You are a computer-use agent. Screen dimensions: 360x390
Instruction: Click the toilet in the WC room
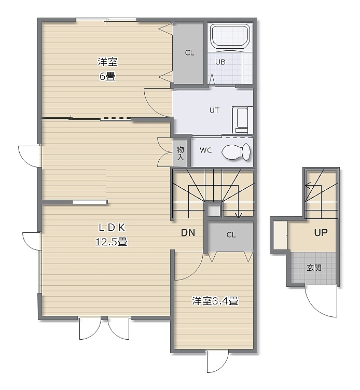236,151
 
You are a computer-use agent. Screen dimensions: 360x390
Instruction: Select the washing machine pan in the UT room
242,120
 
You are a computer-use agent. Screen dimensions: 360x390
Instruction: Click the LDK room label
112,227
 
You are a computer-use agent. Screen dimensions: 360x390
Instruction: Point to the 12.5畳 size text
112,242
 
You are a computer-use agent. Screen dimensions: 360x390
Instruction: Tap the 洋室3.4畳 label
215,301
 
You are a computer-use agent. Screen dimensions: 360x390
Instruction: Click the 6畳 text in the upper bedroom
107,76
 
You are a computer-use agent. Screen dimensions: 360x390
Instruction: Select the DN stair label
188,232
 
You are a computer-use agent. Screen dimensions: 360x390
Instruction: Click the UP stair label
321,232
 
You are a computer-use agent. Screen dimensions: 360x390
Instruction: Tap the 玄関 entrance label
314,268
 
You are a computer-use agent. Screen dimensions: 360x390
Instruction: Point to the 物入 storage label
181,153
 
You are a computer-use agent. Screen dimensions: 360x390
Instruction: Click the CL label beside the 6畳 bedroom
189,53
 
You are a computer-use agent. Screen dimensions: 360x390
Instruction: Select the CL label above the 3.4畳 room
231,235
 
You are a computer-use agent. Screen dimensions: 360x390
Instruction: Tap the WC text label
206,150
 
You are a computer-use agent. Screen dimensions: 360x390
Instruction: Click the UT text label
214,110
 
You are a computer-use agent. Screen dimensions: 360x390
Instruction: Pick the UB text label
220,62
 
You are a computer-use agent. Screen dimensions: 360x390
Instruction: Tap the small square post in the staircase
214,211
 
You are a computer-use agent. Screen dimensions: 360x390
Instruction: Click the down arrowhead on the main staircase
238,215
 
